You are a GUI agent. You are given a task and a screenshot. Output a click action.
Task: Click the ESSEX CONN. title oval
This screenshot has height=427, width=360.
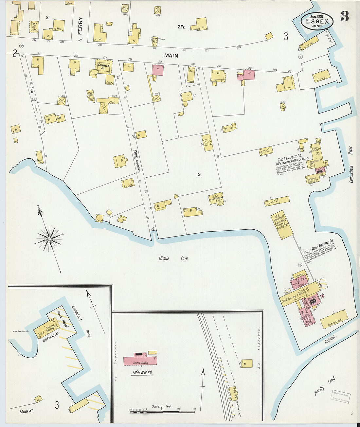point(317,21)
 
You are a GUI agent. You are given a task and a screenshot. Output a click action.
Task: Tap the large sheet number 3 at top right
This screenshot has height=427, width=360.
point(345,16)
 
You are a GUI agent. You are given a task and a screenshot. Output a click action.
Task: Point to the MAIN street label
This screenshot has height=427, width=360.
point(171,56)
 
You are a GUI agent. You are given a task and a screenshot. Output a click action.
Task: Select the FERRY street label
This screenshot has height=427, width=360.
point(80,26)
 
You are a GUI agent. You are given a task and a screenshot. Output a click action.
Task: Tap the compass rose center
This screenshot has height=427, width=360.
point(49,239)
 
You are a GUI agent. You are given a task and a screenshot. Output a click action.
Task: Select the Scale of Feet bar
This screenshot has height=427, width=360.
point(162,412)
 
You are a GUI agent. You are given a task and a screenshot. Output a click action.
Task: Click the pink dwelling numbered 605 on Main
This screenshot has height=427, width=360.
point(158,70)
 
